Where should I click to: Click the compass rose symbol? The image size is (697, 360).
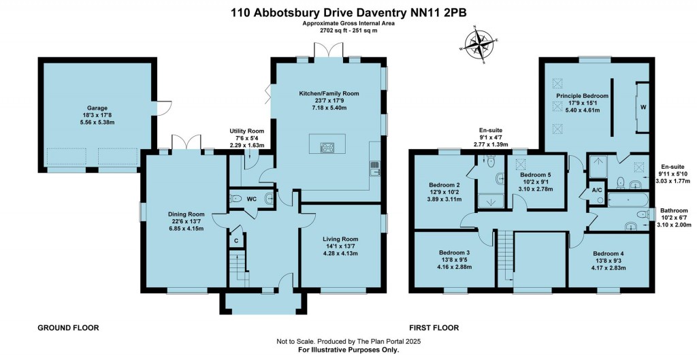pyautogui.click(x=481, y=47)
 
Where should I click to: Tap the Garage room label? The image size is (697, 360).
pyautogui.click(x=97, y=108)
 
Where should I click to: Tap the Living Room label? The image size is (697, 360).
pyautogui.click(x=340, y=239)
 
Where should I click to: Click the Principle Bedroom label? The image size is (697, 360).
pyautogui.click(x=582, y=96)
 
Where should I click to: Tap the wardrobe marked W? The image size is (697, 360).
pyautogui.click(x=643, y=107)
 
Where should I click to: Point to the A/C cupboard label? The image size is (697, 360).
pyautogui.click(x=596, y=190)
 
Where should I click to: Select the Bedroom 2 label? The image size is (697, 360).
pyautogui.click(x=445, y=184)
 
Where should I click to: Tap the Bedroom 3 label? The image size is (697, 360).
pyautogui.click(x=453, y=252)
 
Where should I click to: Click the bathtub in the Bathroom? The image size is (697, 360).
pyautogui.click(x=626, y=199)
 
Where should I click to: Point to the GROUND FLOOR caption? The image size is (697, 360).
pyautogui.click(x=68, y=327)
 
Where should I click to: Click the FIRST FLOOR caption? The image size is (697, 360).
pyautogui.click(x=434, y=327)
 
